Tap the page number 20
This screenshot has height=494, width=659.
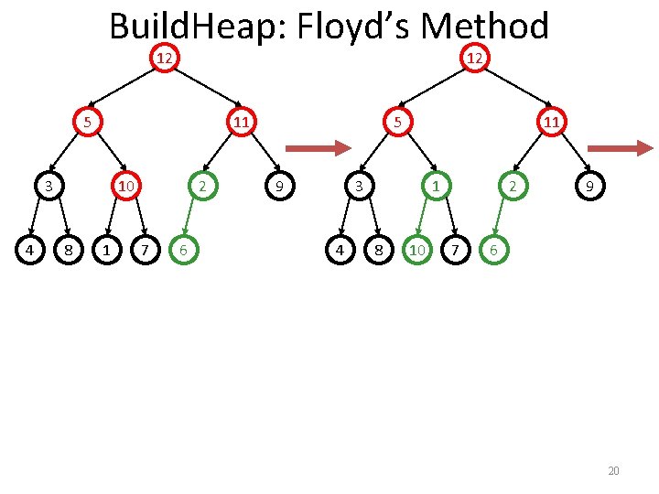tap(613, 471)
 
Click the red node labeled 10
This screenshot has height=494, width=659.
tap(126, 187)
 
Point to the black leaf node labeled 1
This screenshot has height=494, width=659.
tap(108, 248)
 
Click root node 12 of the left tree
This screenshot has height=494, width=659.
tap(163, 59)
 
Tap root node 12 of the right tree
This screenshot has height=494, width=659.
tap(474, 59)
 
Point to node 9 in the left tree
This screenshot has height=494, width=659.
tap(279, 187)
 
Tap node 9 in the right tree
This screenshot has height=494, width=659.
tap(590, 187)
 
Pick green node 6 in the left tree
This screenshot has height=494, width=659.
tap(184, 248)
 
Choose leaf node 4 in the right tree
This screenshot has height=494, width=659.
tap(340, 248)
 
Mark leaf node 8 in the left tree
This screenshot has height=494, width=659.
tap(66, 248)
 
